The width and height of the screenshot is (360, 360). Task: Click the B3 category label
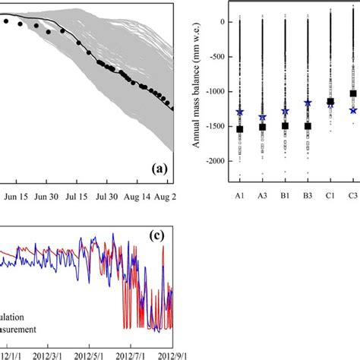coord(308,194)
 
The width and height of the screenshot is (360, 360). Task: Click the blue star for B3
coord(308,103)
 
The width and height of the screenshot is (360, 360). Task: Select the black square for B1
coord(286,125)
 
